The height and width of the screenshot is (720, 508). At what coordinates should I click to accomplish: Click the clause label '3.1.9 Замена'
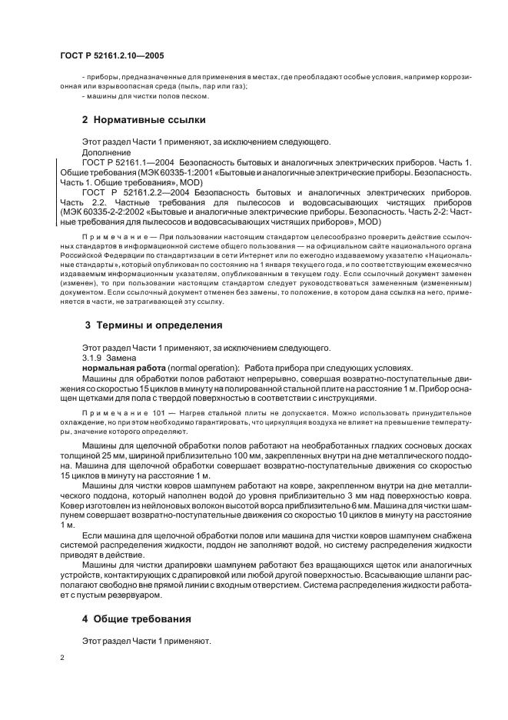(x=109, y=357)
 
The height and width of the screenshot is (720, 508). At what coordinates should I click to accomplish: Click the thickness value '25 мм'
(x=106, y=456)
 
